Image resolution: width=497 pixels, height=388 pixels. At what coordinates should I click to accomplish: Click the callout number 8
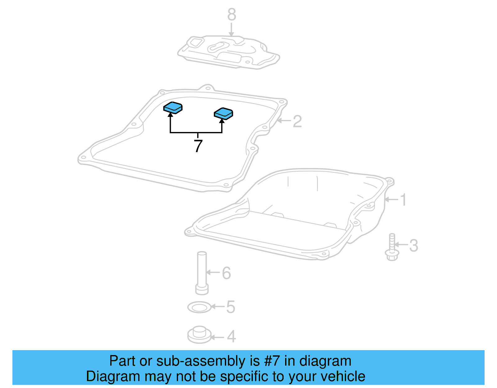click(232, 15)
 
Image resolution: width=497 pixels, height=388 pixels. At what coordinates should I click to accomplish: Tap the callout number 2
click(297, 121)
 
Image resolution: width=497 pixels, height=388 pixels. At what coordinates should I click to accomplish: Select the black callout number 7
click(198, 146)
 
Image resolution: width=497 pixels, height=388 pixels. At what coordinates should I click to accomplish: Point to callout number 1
click(403, 200)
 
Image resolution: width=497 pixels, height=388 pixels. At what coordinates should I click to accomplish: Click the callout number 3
click(413, 245)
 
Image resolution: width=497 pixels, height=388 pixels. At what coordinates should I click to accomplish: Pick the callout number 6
click(226, 273)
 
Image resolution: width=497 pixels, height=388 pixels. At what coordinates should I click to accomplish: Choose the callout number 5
click(230, 307)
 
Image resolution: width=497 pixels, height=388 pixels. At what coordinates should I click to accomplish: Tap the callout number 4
click(231, 336)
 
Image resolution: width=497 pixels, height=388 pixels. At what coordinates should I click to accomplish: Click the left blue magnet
click(173, 107)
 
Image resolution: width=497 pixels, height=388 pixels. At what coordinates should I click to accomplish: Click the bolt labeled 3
click(392, 248)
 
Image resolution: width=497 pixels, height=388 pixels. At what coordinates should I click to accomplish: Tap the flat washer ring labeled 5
click(199, 308)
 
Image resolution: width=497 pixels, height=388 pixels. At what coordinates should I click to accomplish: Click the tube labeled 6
click(202, 272)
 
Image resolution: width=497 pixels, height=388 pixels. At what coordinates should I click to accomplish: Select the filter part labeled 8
click(228, 52)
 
